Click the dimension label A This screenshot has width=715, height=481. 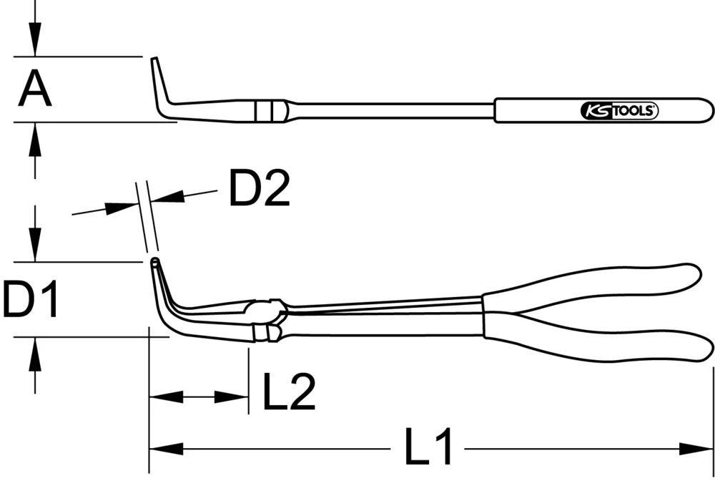click(x=35, y=89)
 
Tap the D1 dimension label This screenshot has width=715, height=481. click(x=30, y=299)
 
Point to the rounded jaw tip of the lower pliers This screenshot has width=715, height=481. click(x=154, y=264)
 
